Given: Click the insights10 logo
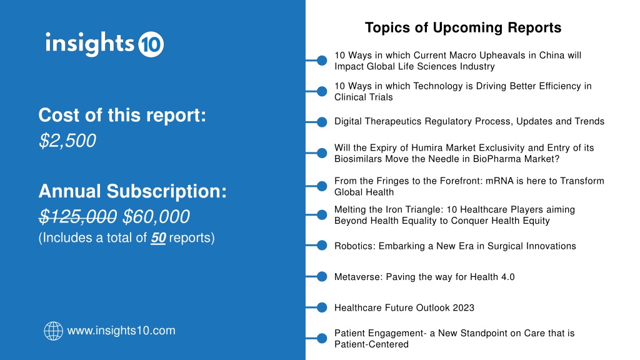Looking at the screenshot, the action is (x=104, y=44).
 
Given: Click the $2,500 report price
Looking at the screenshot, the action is (x=67, y=141).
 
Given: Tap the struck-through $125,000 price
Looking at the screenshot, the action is (x=77, y=216).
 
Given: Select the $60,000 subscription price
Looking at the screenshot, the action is (x=156, y=216).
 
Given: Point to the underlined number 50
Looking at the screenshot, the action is (x=158, y=237).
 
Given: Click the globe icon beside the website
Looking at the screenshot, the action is (x=54, y=331).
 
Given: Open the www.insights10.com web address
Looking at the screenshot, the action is (x=121, y=330).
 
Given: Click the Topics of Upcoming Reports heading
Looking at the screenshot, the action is (x=463, y=27).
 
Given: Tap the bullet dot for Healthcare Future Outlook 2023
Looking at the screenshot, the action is (x=322, y=307).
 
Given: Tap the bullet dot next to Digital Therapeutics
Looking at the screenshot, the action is (x=322, y=122).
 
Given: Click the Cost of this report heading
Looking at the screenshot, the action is (x=122, y=115).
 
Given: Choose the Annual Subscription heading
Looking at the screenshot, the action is (x=132, y=191).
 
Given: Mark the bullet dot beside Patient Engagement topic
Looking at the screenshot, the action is (x=322, y=338).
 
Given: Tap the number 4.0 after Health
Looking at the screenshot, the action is (x=507, y=277).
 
